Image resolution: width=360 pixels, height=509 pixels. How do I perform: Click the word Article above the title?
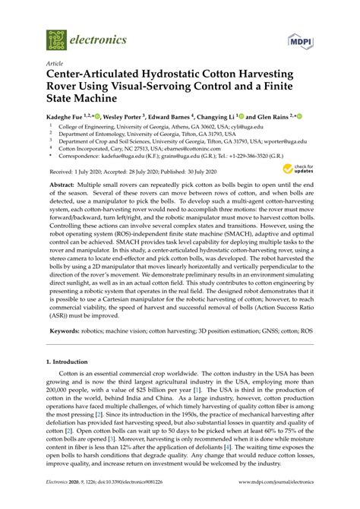(55, 65)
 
